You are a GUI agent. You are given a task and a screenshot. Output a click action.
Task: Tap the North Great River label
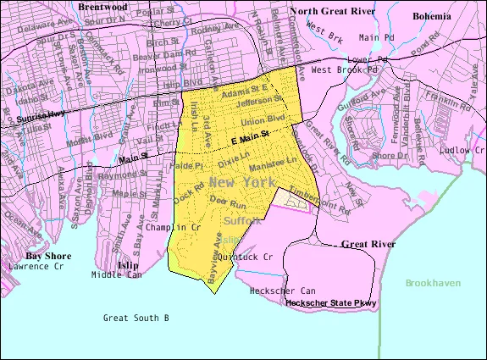(332, 11)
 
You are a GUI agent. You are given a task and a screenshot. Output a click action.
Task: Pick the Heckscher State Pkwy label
(331, 302)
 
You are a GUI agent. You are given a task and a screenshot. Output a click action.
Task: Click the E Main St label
(252, 135)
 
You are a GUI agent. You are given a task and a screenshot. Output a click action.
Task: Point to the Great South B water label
(136, 318)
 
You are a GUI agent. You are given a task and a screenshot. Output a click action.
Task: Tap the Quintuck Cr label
(245, 256)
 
